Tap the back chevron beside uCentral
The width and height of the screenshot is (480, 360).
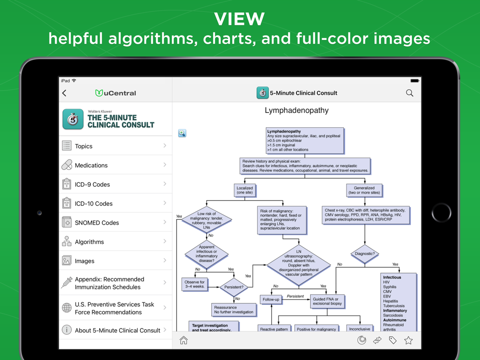65,93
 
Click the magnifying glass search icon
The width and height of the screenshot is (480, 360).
409,93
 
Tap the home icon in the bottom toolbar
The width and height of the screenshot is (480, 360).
183,340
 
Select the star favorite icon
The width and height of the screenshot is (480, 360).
408,340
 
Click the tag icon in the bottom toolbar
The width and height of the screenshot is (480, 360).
393,340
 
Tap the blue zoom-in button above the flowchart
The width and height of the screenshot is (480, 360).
182,133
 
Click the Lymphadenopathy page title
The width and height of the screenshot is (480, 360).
297,110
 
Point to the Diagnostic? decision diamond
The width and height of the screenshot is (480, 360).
364,253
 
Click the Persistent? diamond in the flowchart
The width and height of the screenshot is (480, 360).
234,287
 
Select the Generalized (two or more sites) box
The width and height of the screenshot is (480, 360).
364,191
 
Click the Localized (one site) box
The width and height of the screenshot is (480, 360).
244,191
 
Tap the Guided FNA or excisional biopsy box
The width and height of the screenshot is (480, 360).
327,301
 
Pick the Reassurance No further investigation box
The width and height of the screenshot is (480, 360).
234,310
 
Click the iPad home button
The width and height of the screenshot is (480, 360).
441,213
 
